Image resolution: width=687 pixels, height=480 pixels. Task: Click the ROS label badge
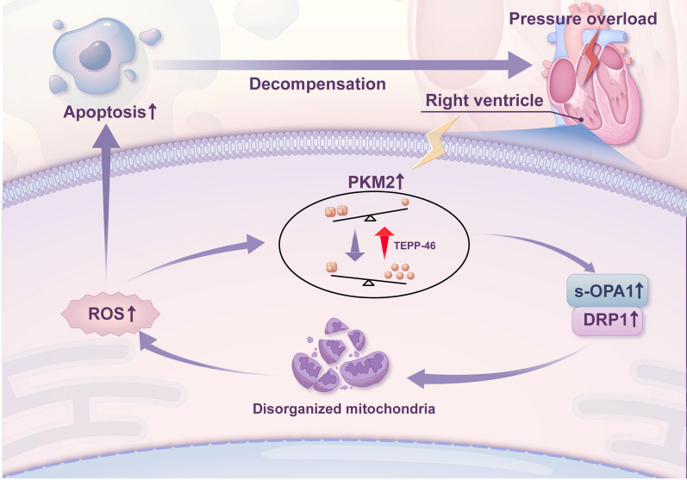(x=110, y=314)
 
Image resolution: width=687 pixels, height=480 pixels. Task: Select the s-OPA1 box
(x=607, y=290)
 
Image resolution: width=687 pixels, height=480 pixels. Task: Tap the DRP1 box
(x=607, y=321)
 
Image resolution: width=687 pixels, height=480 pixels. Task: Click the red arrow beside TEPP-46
(x=384, y=243)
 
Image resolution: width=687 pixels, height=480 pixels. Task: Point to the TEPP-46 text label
(x=415, y=246)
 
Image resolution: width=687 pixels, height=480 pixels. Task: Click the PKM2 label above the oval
(x=376, y=182)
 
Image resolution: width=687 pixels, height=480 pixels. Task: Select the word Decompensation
(x=317, y=84)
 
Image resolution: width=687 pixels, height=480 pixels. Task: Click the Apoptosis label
(x=110, y=112)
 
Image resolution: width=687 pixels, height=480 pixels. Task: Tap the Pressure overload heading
(x=583, y=18)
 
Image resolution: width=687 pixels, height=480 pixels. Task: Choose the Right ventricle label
(x=484, y=100)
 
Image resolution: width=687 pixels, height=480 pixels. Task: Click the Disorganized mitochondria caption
(x=344, y=408)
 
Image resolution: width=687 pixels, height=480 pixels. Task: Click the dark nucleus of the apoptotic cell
(x=95, y=55)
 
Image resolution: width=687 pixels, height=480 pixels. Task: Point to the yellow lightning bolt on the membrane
(x=436, y=142)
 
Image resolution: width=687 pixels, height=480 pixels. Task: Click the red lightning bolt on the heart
(x=592, y=56)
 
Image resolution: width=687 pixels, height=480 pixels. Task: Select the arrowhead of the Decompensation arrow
(x=520, y=65)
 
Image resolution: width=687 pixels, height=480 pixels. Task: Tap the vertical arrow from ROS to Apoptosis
(x=106, y=203)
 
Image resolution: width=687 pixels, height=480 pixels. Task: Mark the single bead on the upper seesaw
(x=405, y=202)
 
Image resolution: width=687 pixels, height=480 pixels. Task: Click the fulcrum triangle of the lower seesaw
(x=369, y=283)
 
